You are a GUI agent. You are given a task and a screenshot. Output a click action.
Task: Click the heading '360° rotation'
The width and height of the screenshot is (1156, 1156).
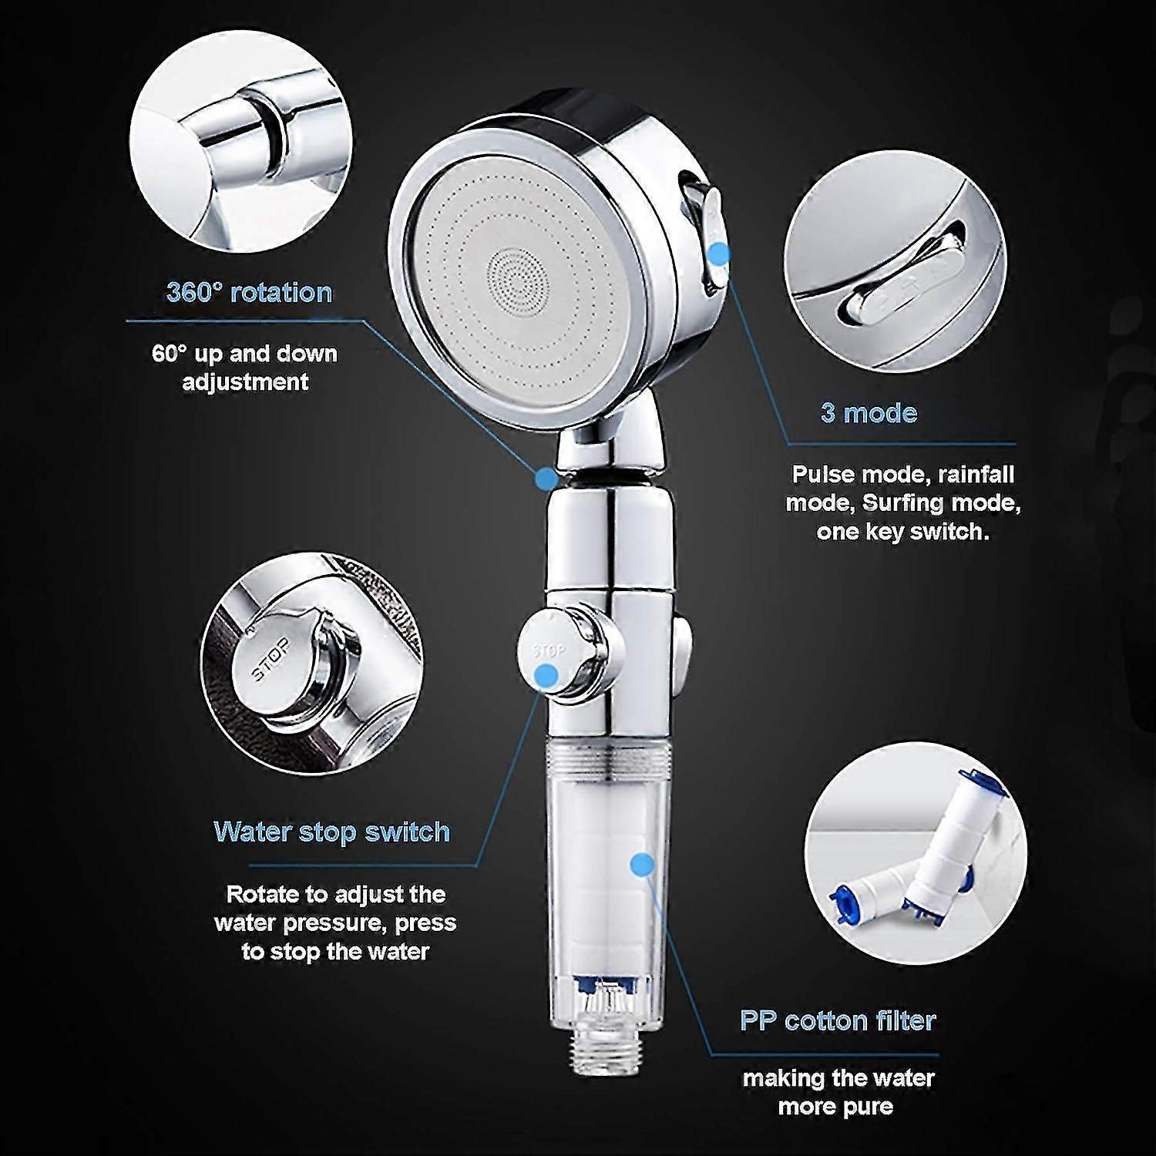249,293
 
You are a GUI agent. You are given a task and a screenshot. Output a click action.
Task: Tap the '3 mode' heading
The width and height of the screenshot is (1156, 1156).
869,413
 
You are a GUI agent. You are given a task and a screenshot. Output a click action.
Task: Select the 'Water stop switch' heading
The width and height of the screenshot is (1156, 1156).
331,832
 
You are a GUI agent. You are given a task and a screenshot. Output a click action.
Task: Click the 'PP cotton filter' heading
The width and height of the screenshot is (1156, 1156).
838,1020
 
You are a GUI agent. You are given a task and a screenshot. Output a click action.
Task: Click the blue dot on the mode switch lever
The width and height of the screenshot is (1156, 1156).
721,253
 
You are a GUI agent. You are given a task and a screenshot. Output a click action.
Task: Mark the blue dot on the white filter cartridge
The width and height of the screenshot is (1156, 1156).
639,865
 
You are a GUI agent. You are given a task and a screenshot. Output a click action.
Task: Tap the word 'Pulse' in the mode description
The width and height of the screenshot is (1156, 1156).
824,474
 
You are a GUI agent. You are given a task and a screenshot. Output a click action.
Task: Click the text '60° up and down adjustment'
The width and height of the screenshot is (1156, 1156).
245,368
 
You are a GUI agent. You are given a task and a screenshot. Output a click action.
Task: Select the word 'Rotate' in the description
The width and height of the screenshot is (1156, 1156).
262,895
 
